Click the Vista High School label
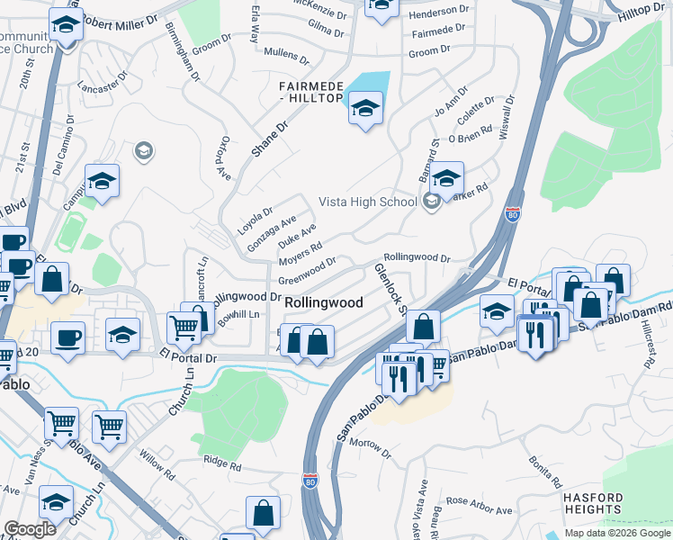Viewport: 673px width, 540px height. (x=368, y=202)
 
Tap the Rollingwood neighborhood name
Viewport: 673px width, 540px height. (x=324, y=303)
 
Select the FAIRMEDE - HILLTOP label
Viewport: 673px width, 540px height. (x=310, y=91)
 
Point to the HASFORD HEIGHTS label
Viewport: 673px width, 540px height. (x=593, y=503)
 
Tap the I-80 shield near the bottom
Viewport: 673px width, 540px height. (x=310, y=482)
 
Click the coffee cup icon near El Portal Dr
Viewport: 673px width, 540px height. (x=68, y=337)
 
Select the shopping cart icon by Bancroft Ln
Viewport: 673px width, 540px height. (x=184, y=328)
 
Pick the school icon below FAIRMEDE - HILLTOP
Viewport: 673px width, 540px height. (x=364, y=109)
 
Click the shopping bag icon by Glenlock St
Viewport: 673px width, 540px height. (x=426, y=327)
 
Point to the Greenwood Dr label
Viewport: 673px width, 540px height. (x=307, y=272)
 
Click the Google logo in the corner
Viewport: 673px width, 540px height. (x=31, y=529)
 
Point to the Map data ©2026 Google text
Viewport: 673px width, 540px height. (x=617, y=533)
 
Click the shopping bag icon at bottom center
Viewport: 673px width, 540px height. (x=264, y=513)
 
